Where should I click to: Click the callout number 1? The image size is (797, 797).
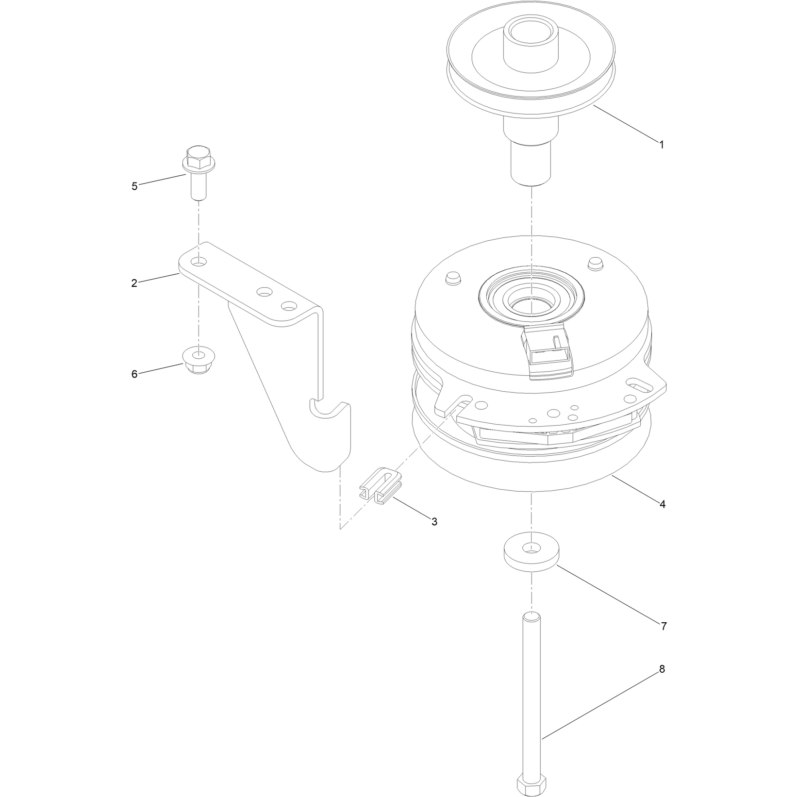pyautogui.click(x=661, y=144)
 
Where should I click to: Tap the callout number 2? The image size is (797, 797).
pyautogui.click(x=134, y=282)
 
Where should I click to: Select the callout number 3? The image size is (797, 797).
pyautogui.click(x=434, y=521)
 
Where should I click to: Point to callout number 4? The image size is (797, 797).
pyautogui.click(x=663, y=504)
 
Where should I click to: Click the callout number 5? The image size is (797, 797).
pyautogui.click(x=134, y=186)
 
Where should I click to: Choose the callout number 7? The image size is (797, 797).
pyautogui.click(x=664, y=626)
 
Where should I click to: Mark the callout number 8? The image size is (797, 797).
pyautogui.click(x=662, y=669)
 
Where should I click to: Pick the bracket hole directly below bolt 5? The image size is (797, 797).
pyautogui.click(x=198, y=262)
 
